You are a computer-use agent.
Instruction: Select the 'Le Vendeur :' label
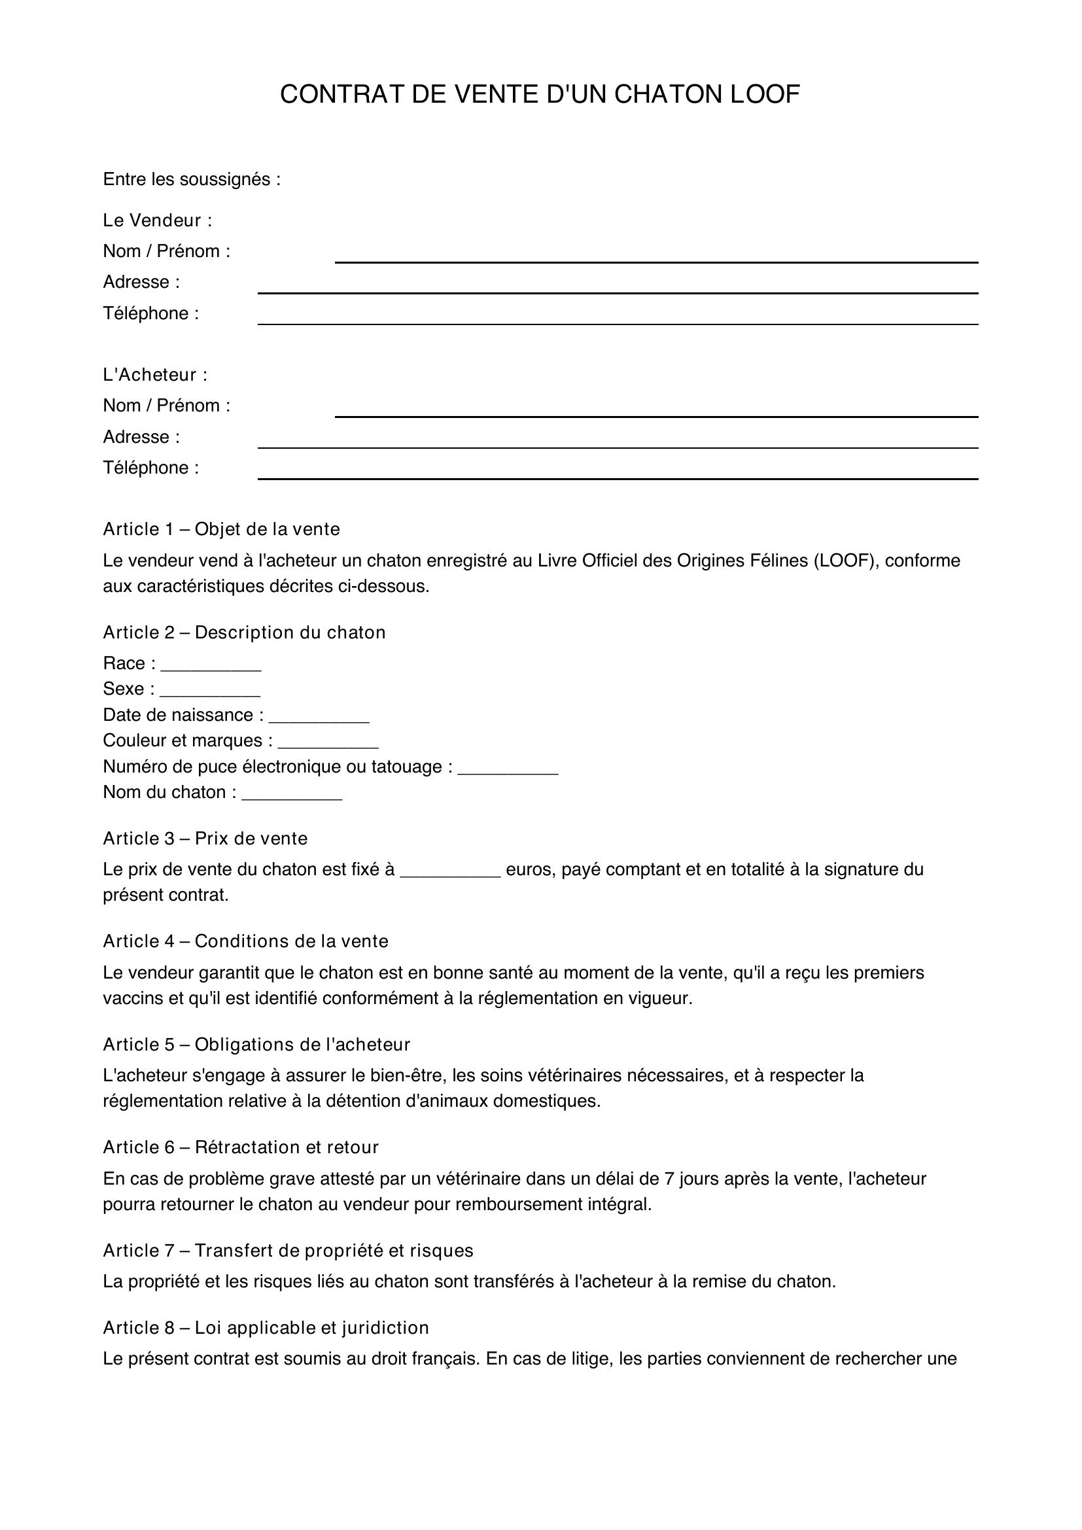point(157,220)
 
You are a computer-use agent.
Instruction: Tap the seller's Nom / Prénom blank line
point(655,258)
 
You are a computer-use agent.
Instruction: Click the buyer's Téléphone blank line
point(617,474)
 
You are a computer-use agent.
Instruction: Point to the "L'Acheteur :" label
point(155,375)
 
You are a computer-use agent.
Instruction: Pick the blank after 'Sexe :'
point(210,693)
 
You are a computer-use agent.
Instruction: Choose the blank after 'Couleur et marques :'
point(328,745)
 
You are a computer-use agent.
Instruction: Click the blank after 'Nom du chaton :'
point(292,796)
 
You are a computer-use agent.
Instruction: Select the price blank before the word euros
point(450,874)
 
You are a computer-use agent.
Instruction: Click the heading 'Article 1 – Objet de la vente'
point(221,529)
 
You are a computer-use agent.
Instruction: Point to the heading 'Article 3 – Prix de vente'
point(205,839)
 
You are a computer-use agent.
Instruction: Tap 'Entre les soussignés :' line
point(191,179)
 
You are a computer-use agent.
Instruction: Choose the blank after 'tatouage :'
point(508,771)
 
